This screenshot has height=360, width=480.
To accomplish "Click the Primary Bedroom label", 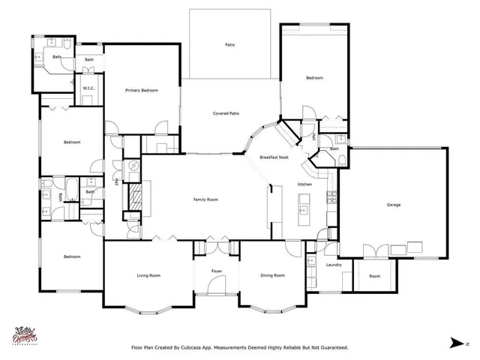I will point(141,91).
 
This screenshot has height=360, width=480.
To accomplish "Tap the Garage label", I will point(393,205).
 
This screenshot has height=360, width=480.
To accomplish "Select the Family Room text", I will point(205,199).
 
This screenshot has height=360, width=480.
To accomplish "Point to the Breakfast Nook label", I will point(274,157).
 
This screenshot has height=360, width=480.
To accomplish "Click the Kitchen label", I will point(304,184).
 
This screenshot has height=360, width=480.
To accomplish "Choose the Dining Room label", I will point(272,275).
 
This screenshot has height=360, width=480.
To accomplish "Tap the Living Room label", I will point(148,275).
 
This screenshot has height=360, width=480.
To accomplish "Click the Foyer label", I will point(217,271).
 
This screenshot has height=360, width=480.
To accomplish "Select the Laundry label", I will point(334,265).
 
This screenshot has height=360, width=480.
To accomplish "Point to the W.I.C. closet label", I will point(88,88).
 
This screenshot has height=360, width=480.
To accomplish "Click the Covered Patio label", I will point(226,113).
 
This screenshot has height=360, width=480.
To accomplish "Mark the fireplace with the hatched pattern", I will point(135,199).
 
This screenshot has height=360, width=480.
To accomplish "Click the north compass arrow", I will point(455,342).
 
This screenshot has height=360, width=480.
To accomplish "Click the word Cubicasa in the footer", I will point(212,347).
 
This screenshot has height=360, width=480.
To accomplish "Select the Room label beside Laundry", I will point(374,276).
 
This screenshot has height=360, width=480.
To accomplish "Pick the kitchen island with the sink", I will point(304,209).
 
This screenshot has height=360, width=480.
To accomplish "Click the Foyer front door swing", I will point(217,285).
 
